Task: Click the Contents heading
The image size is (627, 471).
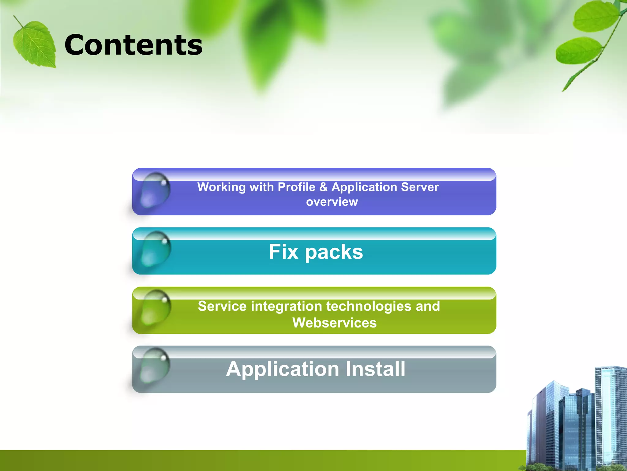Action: (x=133, y=45)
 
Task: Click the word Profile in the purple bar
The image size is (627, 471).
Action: (x=296, y=187)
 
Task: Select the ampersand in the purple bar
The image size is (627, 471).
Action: (x=323, y=187)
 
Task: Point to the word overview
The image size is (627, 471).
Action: (x=332, y=202)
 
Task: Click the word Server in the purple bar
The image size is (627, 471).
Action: (x=420, y=187)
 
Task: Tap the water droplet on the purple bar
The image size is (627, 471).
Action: (x=155, y=190)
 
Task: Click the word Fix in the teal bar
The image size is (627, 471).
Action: (x=283, y=252)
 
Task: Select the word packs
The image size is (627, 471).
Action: (x=334, y=252)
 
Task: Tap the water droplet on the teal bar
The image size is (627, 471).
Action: (x=155, y=249)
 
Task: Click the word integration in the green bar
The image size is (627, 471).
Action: (x=286, y=306)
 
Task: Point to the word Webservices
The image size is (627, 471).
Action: (x=334, y=323)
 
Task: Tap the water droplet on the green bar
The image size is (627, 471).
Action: (x=155, y=308)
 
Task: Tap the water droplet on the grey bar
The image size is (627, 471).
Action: (x=155, y=366)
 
